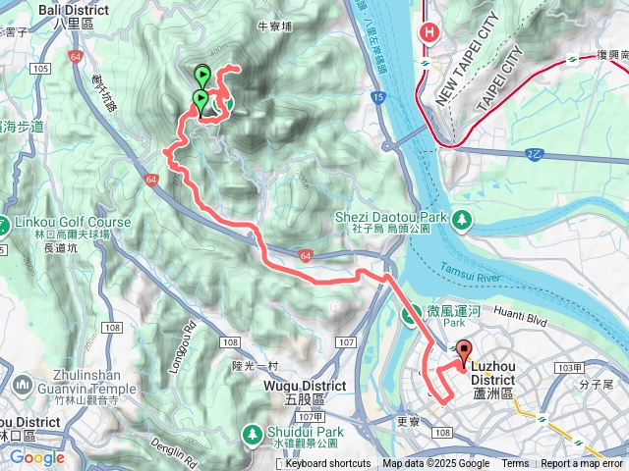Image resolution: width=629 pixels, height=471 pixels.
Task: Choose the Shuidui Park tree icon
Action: [253, 433]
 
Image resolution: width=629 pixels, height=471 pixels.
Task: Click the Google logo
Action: [37, 457]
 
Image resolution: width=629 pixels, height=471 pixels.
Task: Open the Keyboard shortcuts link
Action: [328, 464]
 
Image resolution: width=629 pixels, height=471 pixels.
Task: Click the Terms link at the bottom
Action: [515, 464]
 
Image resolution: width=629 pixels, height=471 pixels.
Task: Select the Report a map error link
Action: [582, 464]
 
